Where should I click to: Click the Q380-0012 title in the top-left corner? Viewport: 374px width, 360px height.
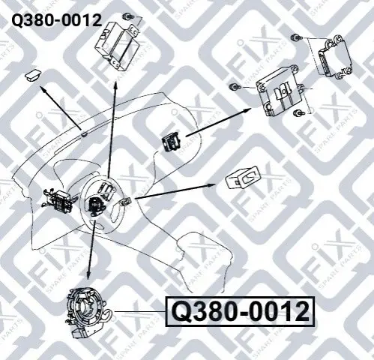[57, 20]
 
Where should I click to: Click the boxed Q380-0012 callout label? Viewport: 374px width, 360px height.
[241, 312]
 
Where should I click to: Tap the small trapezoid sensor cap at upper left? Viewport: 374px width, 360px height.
[33, 75]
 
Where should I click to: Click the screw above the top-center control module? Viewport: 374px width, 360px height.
[128, 17]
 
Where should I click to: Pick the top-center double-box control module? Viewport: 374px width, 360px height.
[118, 46]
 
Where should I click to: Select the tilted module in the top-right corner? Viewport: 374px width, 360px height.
[335, 57]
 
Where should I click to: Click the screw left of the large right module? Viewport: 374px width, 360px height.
[235, 87]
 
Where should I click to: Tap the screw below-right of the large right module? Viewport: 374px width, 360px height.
[298, 113]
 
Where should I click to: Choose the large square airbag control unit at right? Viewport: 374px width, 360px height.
[280, 91]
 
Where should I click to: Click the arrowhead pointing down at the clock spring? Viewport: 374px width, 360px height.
[88, 275]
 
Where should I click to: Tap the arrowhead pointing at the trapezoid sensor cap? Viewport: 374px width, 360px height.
[43, 88]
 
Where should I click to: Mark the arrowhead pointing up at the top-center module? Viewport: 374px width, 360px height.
[115, 84]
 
